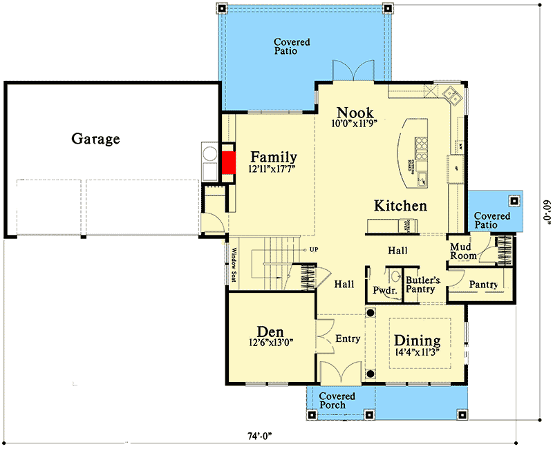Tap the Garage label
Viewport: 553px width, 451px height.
click(x=95, y=139)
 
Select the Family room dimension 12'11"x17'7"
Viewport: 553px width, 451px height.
click(x=273, y=170)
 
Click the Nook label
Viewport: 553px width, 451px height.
click(x=355, y=113)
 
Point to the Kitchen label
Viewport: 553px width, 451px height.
click(x=400, y=206)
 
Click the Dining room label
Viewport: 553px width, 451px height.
click(x=417, y=340)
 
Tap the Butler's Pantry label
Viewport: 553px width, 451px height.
click(x=420, y=285)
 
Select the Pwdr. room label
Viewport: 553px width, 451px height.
click(x=384, y=291)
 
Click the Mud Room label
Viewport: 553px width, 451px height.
click(x=464, y=251)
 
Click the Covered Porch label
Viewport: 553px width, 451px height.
click(x=337, y=401)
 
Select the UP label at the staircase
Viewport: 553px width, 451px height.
click(x=314, y=249)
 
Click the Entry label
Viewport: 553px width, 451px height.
click(x=348, y=339)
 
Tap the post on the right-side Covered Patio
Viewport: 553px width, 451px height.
click(x=514, y=202)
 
